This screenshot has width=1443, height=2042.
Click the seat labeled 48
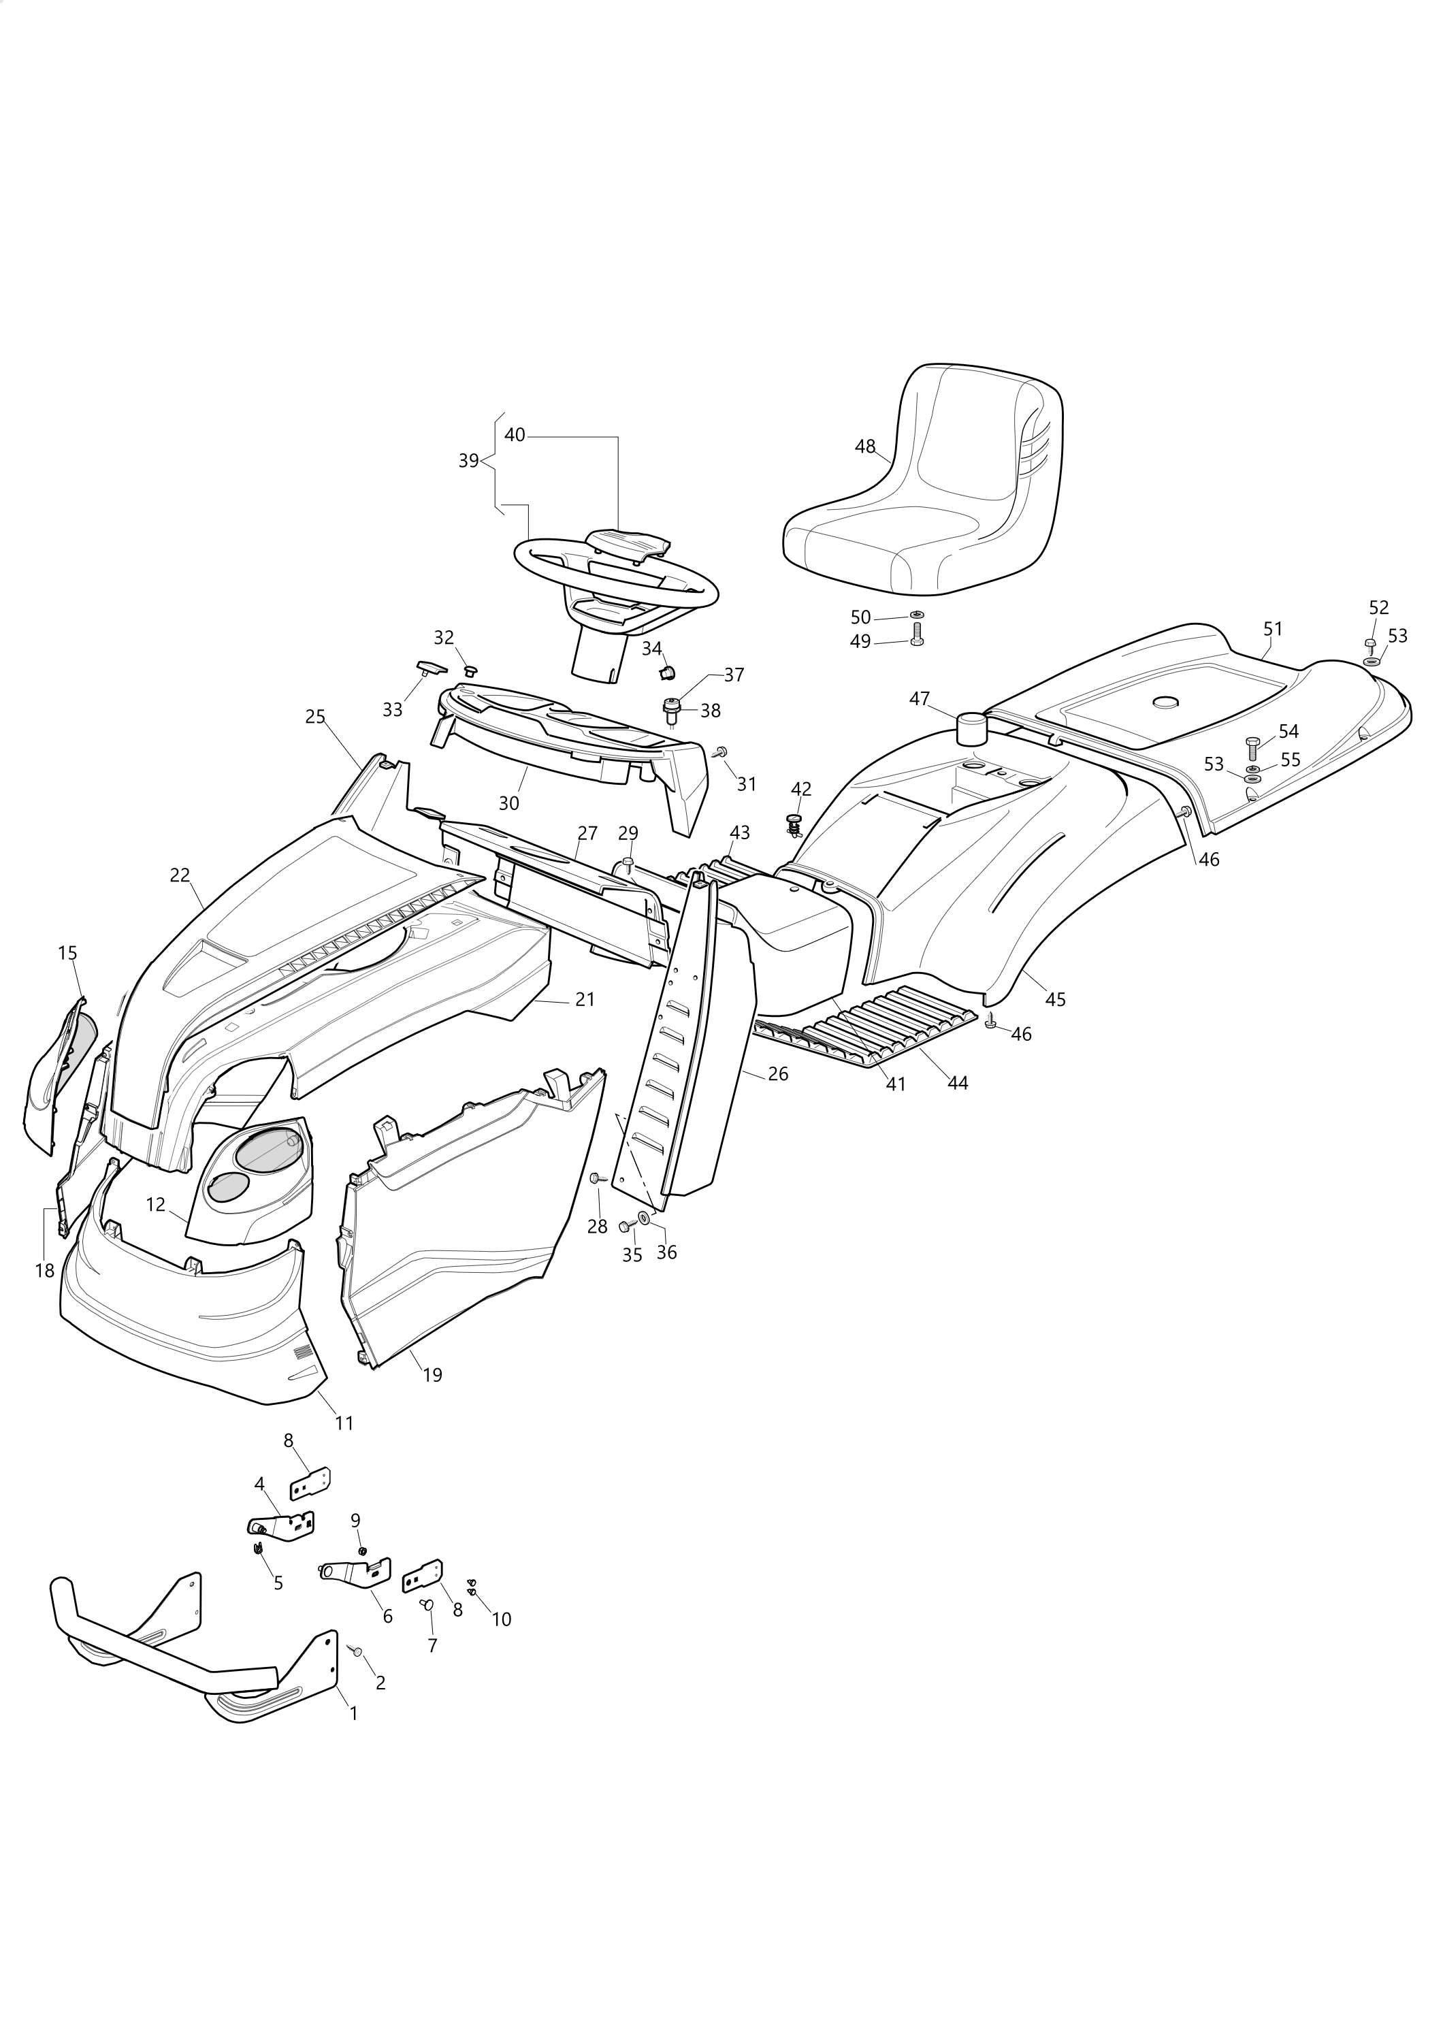click(x=924, y=485)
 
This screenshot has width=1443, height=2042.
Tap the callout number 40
click(x=515, y=435)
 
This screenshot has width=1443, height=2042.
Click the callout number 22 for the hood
click(x=180, y=875)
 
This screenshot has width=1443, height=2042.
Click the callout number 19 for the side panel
click(x=432, y=1375)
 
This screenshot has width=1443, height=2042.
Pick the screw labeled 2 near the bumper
click(x=357, y=1651)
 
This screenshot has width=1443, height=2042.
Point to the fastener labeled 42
click(x=796, y=824)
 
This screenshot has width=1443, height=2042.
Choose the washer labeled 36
click(x=644, y=1216)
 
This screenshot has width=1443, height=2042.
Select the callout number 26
click(x=778, y=1073)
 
